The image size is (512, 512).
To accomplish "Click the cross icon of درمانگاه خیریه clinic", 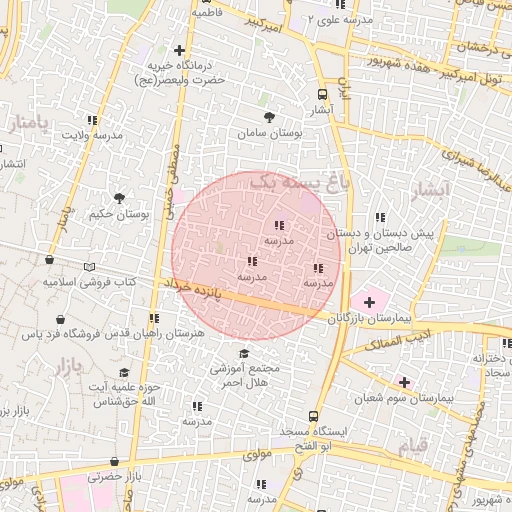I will point(180,50).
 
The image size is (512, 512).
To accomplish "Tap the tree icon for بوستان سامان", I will point(267,111).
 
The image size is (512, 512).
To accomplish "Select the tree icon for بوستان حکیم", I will point(120,198).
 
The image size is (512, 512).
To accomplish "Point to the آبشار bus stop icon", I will point(321,87).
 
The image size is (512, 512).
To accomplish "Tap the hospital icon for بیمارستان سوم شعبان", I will point(404,381).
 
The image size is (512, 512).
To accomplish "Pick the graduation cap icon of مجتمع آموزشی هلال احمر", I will point(244,353).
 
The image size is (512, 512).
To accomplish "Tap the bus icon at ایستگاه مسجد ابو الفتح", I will point(314,416).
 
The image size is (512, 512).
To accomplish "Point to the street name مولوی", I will point(258,454).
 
